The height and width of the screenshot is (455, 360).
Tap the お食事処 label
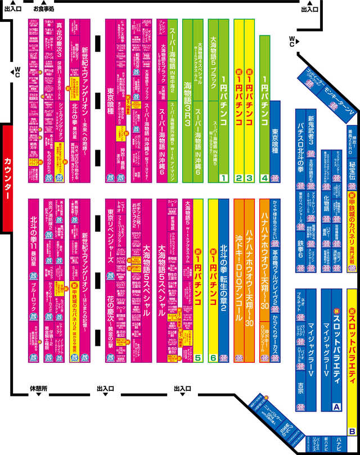pos(44,9)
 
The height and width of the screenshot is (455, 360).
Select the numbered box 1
pos(223,178)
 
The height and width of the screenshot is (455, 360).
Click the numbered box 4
pos(264,178)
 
